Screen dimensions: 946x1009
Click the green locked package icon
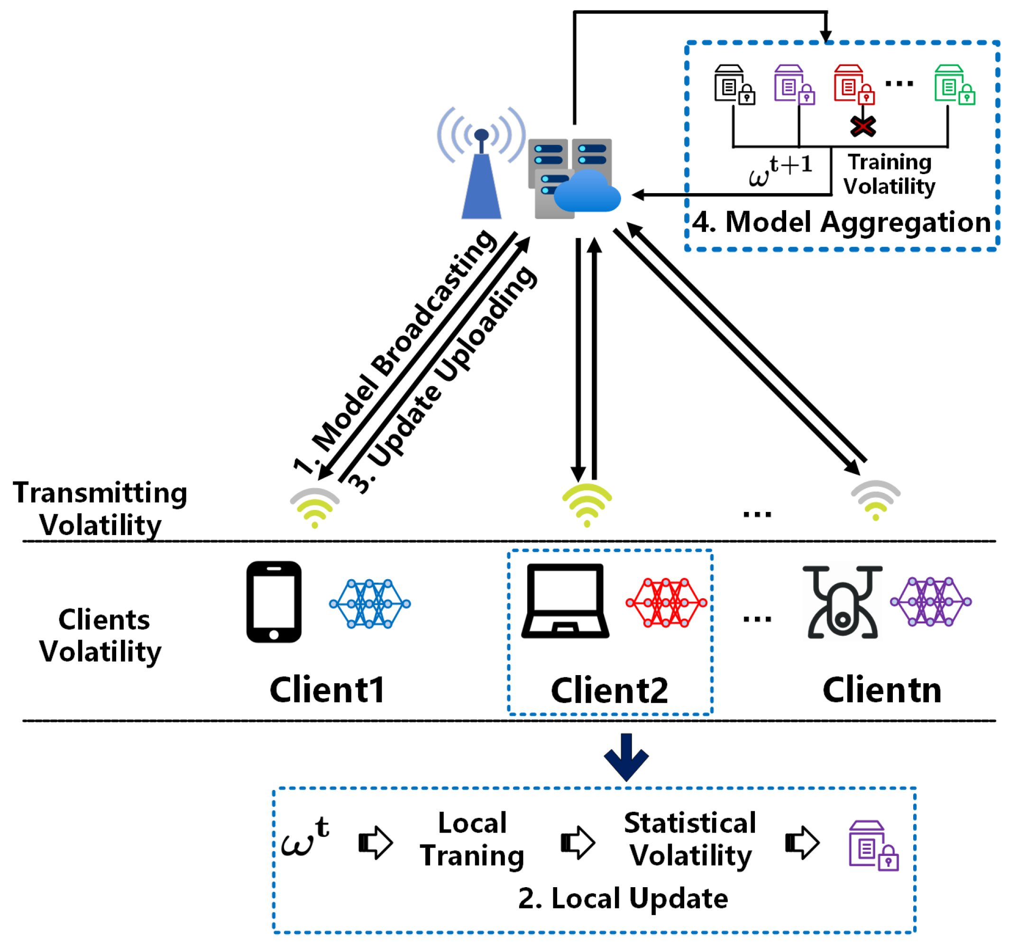click(x=954, y=85)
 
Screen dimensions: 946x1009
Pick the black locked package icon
click(x=734, y=85)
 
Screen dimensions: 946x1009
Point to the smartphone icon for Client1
click(x=274, y=602)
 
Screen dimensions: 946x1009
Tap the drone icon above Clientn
click(x=842, y=602)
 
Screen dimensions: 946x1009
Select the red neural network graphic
click(x=666, y=603)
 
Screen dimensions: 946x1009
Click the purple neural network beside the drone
click(x=930, y=602)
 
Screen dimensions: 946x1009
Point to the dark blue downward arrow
click(x=626, y=757)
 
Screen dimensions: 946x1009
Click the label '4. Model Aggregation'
click(x=841, y=223)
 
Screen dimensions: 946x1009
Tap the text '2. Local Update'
click(x=623, y=898)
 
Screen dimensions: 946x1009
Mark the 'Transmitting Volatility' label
click(x=100, y=508)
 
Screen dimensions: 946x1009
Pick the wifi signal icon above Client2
click(x=587, y=505)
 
